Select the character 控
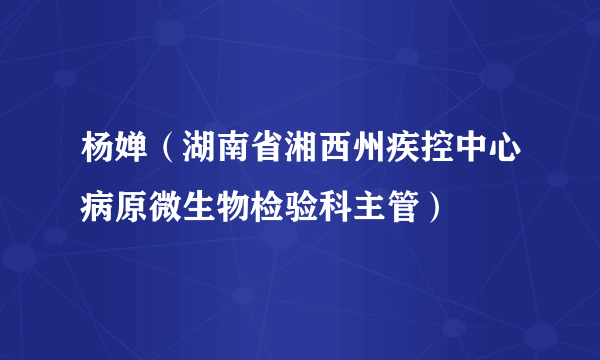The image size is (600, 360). [448, 153]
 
